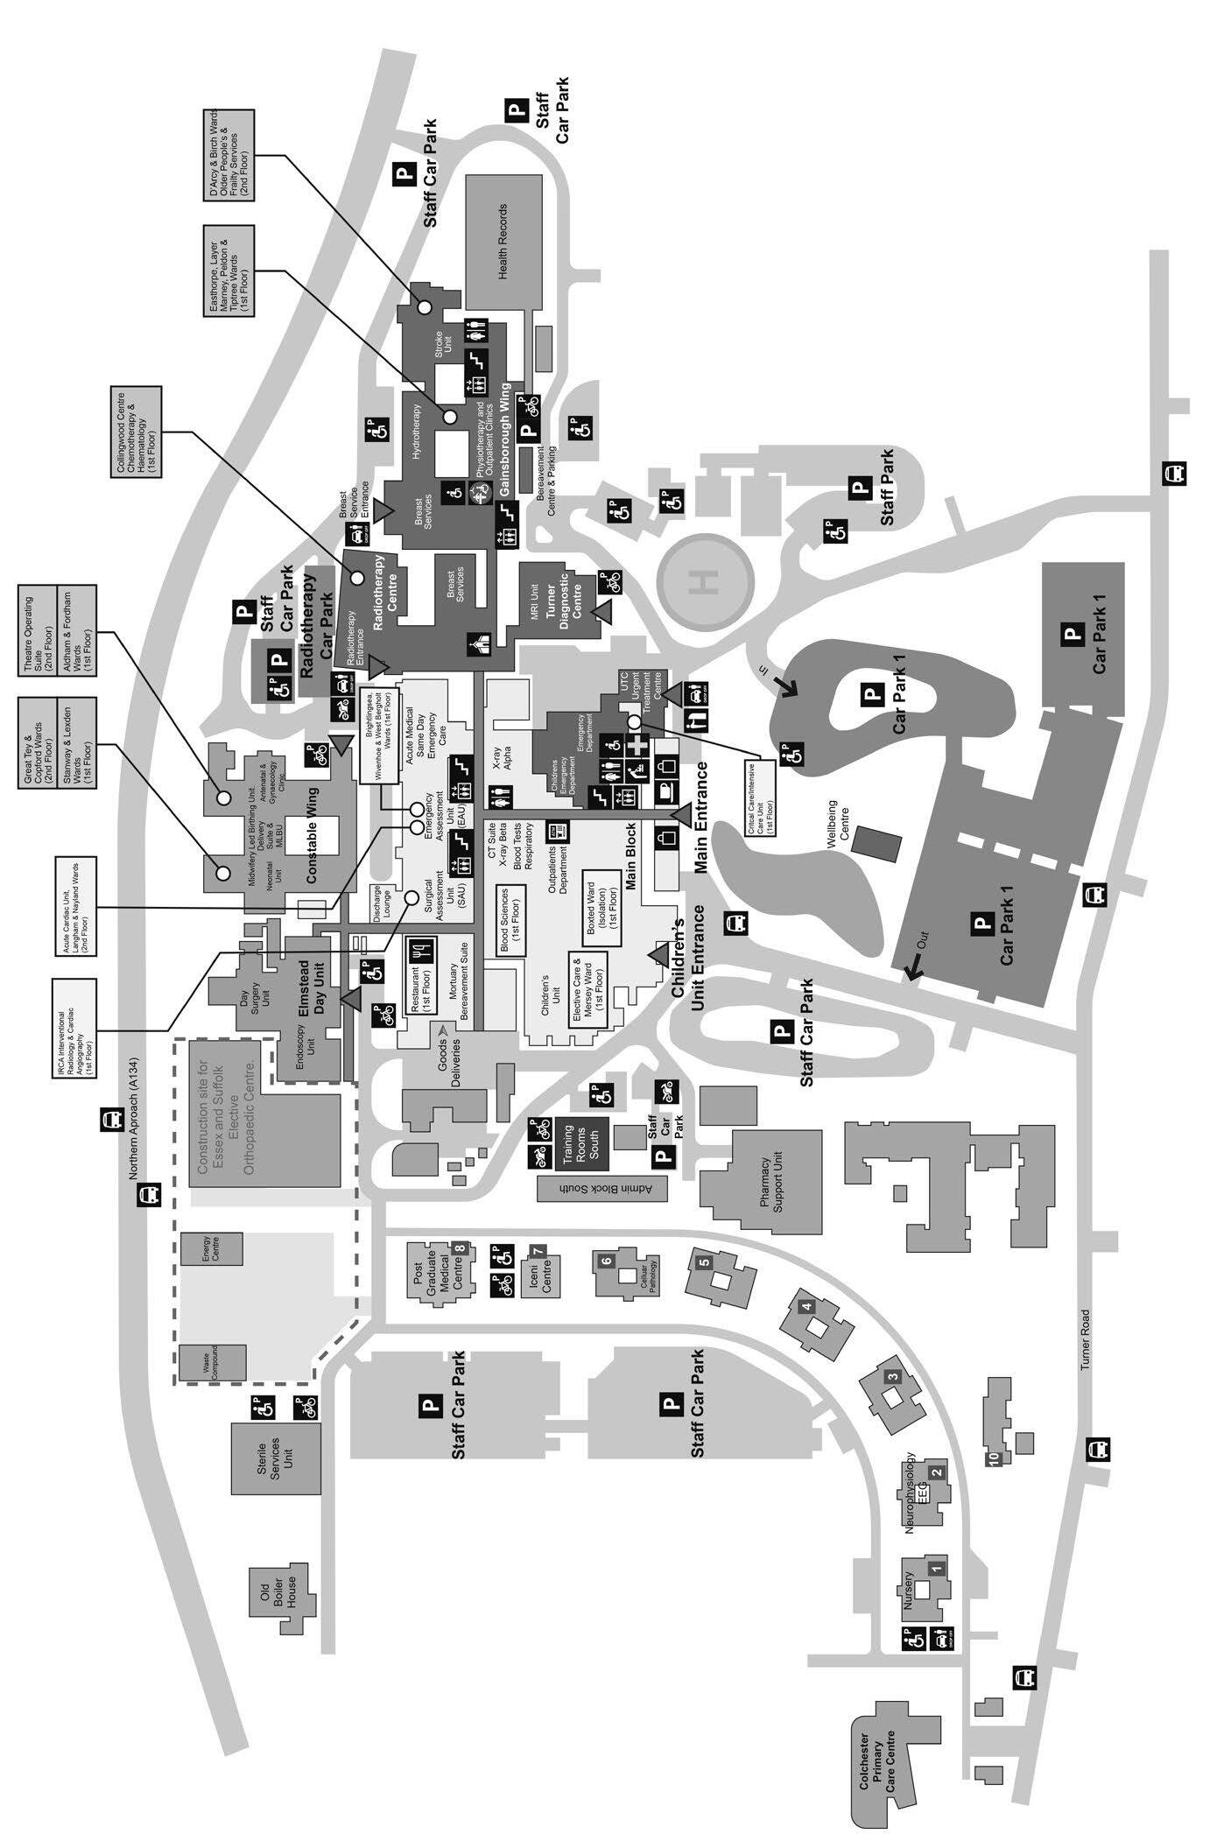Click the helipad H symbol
[708, 580]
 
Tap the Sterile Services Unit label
[275, 1458]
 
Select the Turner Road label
[1085, 1339]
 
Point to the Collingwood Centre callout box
[136, 430]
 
